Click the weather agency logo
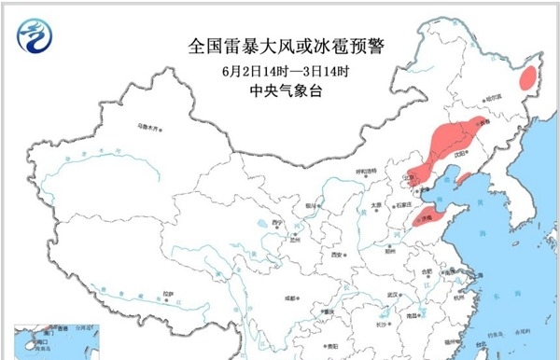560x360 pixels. click(35, 35)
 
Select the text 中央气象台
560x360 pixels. click(279, 91)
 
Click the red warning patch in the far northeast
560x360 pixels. click(529, 77)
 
